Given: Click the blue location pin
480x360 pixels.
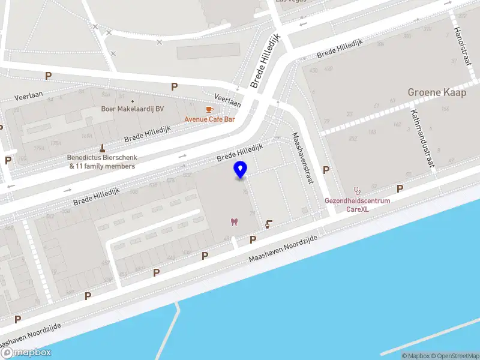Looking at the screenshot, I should tap(241, 170).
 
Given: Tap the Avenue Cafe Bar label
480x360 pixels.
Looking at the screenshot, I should tap(209, 119).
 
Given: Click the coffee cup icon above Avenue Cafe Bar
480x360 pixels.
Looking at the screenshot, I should tap(209, 109).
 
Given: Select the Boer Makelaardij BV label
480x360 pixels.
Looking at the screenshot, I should tap(132, 109).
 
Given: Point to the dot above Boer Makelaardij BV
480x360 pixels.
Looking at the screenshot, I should tap(133, 101).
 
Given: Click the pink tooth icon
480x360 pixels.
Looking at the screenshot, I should tap(233, 223).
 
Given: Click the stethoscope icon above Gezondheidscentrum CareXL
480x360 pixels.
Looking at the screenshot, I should tap(358, 190).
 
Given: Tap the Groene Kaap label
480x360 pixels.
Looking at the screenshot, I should tap(437, 92).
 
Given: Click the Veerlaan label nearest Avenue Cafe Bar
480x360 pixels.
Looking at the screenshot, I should tap(227, 100).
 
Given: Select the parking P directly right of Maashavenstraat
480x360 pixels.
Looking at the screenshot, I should tap(326, 170).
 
